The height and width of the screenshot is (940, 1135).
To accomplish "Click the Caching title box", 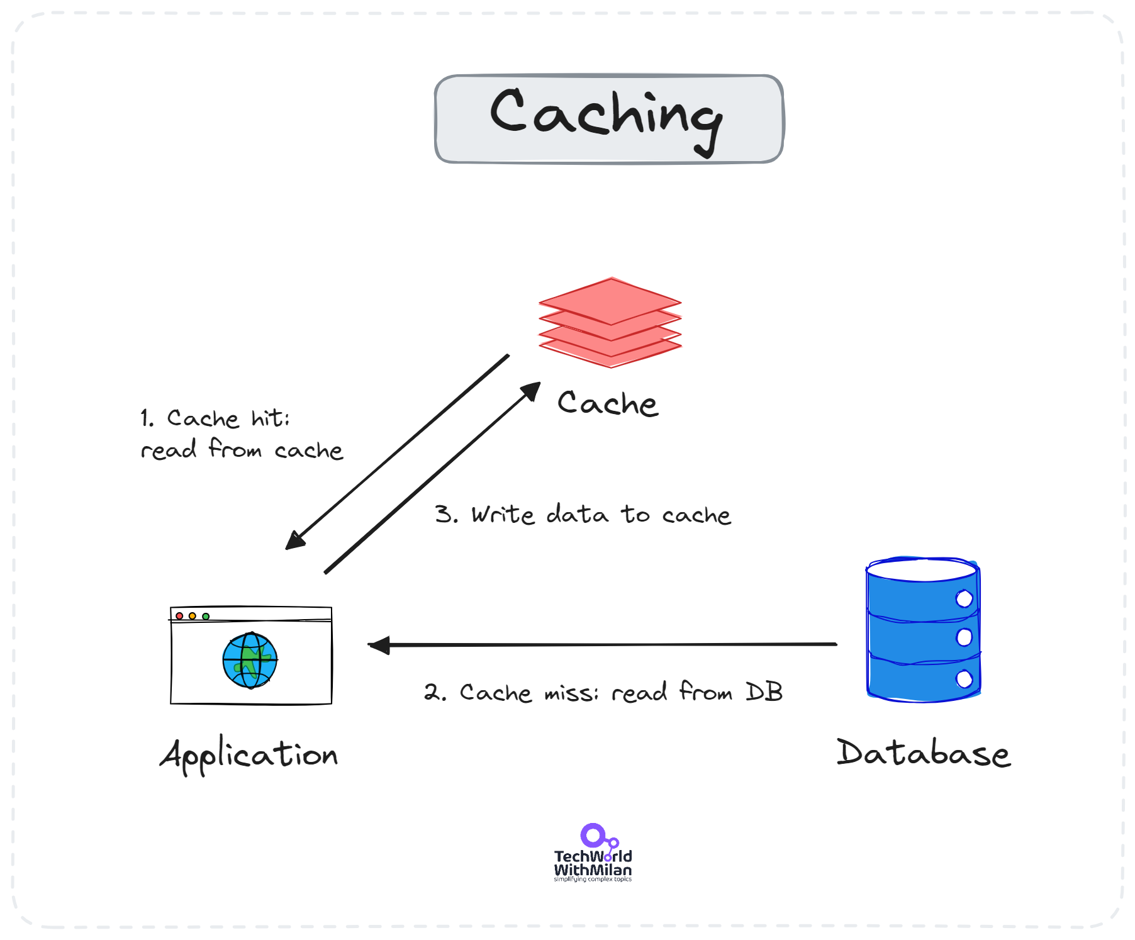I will (609, 119).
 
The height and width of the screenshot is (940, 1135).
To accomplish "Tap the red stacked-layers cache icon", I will (610, 322).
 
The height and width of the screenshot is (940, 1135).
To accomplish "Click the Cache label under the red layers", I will (607, 403).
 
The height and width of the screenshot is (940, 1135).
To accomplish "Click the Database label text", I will (923, 753).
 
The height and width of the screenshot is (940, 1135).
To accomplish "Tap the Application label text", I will (249, 754).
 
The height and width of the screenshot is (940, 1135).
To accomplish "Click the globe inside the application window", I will (250, 661).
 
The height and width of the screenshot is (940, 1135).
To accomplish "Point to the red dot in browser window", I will (179, 616).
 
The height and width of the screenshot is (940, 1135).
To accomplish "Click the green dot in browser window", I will (206, 616).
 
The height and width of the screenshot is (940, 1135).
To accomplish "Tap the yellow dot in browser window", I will (193, 616).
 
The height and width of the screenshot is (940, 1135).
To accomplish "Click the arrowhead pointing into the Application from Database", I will (379, 645).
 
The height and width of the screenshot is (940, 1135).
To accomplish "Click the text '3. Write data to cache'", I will (583, 514).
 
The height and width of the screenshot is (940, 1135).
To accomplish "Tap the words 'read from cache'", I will (242, 449).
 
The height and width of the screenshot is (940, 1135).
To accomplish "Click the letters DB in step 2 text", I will (764, 691).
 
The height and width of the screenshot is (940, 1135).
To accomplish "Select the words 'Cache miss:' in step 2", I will (528, 693).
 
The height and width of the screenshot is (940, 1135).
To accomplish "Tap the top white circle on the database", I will (964, 598).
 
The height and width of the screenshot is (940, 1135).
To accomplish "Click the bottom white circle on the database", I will (964, 679).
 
